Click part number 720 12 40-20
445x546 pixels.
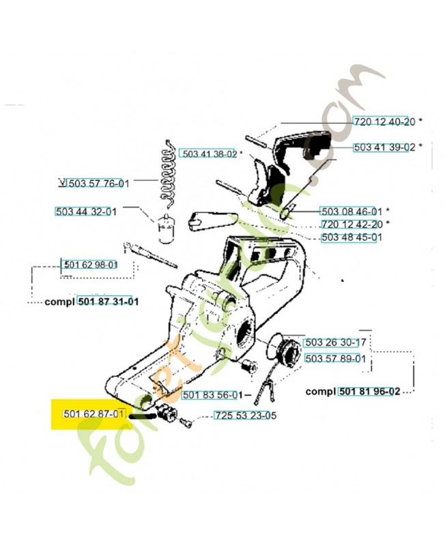point(384,121)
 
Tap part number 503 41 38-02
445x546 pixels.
point(209,154)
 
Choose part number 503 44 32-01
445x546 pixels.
point(85,212)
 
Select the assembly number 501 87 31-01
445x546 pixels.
point(108,301)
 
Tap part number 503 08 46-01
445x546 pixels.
point(352,211)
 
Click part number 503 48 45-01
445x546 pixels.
point(351,237)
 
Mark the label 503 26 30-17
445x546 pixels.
point(335,343)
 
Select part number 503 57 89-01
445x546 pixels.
point(335,358)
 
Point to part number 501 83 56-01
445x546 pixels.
point(212,394)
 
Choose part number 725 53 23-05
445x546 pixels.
point(245,415)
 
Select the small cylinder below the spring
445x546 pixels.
point(164,228)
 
